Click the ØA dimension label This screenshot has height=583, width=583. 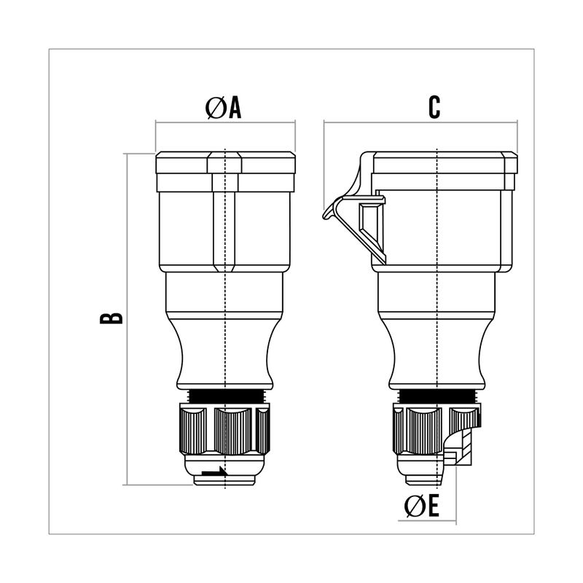coord(223,108)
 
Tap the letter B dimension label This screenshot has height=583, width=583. coord(111,318)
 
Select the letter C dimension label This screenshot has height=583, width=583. coord(434,107)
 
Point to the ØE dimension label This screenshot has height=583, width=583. coord(422,506)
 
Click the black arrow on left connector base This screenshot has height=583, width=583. coord(214,472)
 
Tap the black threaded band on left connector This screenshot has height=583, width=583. coord(225,396)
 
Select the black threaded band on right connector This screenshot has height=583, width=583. coord(437,396)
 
